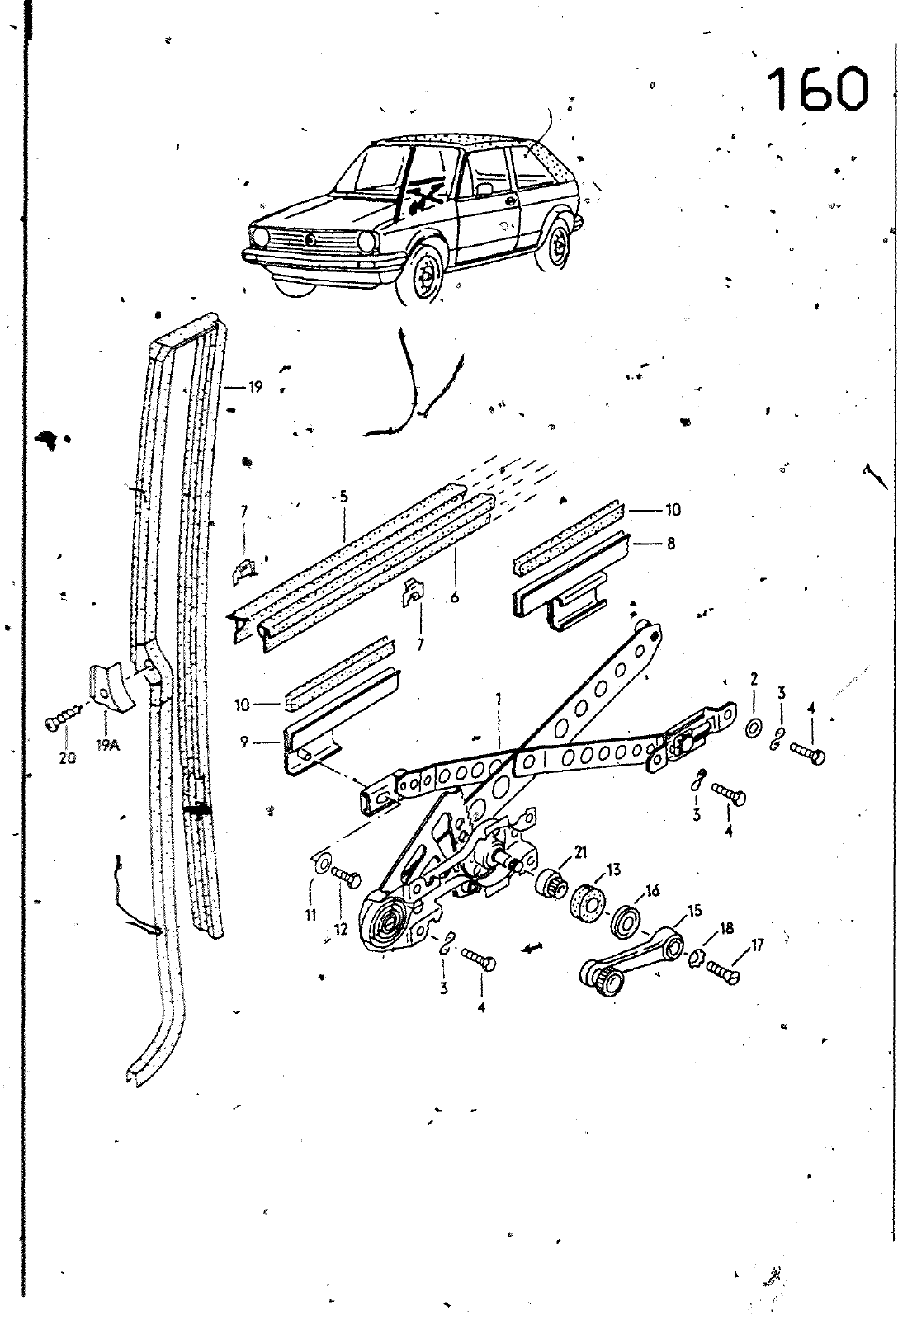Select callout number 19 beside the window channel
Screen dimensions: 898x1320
255,387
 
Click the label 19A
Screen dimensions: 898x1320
107,746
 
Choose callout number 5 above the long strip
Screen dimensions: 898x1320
343,497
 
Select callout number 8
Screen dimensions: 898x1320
670,543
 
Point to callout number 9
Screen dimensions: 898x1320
244,742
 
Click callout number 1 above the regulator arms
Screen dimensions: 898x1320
499,699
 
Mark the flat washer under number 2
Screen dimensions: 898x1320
753,729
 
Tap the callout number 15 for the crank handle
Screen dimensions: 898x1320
695,911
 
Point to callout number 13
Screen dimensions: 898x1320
614,870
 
